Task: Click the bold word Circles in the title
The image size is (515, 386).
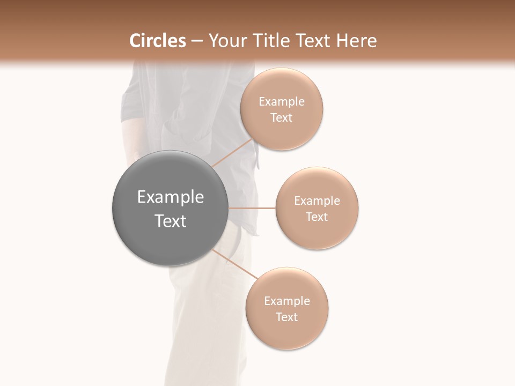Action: point(158,41)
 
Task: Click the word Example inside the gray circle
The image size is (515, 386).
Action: point(171,197)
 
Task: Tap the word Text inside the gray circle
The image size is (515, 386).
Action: point(171,221)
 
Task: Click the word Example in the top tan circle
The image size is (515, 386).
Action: point(282,102)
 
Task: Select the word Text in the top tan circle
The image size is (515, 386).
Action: point(282,118)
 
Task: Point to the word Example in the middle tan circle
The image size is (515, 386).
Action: point(317,201)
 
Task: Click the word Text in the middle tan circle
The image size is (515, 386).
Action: point(317,217)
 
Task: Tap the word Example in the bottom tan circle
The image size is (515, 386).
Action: point(287,301)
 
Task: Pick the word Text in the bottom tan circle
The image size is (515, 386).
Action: point(287,317)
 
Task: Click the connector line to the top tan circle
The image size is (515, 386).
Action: point(233,153)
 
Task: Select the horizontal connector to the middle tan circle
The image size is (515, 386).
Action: point(252,208)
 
